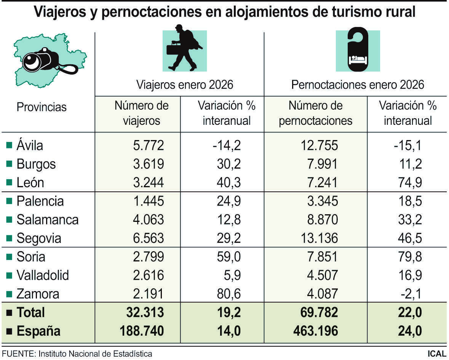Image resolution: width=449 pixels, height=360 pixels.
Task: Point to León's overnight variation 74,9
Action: click(407, 183)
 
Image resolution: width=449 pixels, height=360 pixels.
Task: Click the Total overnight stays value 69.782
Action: click(316, 312)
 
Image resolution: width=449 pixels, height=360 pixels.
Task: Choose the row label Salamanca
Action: click(48, 220)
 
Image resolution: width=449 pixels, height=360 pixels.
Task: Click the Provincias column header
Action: click(42, 107)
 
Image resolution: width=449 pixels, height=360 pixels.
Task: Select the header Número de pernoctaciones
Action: click(315, 113)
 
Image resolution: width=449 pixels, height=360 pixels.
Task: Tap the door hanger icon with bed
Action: click(358, 49)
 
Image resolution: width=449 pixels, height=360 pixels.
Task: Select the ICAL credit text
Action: click(436, 354)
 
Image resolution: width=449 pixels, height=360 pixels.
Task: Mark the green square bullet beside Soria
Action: click(9, 257)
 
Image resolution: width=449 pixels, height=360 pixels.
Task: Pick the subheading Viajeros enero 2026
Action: click(185, 84)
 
